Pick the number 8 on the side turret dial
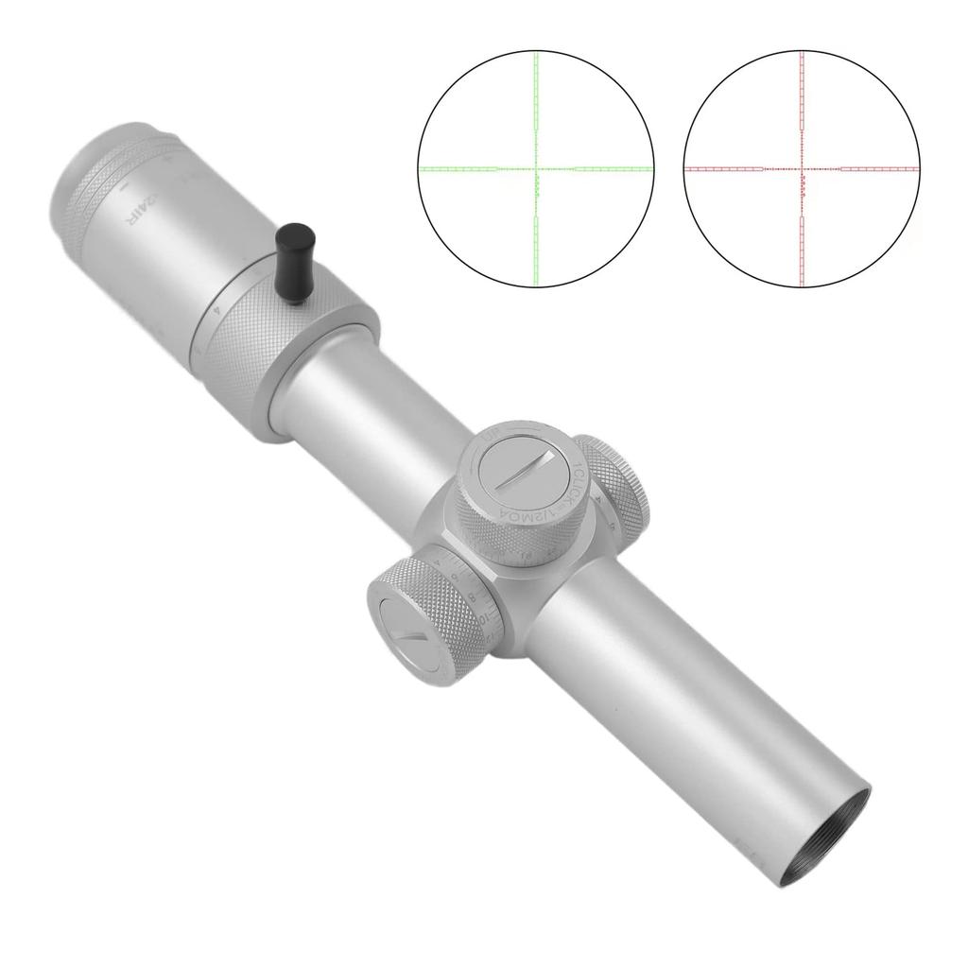(473, 596)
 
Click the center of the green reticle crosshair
(536, 168)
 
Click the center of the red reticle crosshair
(802, 168)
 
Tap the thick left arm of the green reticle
(458, 168)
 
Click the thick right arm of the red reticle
(879, 168)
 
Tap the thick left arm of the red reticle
(724, 168)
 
